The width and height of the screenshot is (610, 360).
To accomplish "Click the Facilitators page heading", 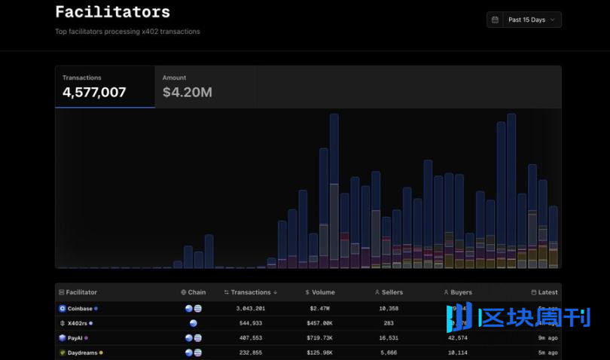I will coord(112,12).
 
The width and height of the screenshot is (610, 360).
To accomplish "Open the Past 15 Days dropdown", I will coord(524,20).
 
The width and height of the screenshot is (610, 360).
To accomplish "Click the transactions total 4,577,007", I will coord(94,93).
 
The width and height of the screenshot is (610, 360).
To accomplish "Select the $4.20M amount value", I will coord(187,93).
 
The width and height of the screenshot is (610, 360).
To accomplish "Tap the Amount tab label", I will coord(174,78).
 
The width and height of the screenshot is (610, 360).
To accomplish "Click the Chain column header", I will coord(194,292).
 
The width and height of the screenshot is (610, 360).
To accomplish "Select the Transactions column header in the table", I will coord(251,292).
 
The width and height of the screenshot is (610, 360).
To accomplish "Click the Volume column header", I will coord(320,292).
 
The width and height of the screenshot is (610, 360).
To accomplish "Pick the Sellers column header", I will coord(389,292).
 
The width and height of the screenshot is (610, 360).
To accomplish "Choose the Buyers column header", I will coord(458,292).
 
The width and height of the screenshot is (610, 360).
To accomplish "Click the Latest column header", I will coord(544,292).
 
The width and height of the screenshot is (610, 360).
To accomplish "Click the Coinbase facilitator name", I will coord(80,309).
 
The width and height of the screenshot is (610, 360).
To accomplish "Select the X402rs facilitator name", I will coord(78,323).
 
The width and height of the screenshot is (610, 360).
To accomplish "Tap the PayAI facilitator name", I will coord(75,338).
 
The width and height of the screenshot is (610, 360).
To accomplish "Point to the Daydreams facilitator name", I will coord(82,352).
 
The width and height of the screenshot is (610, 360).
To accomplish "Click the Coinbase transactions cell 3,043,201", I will coord(250,309).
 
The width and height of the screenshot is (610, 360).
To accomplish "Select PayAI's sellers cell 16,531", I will coord(388,338).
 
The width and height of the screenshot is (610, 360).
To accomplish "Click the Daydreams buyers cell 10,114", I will coord(457,352).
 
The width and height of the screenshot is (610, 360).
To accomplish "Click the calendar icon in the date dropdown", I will coord(495,20).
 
